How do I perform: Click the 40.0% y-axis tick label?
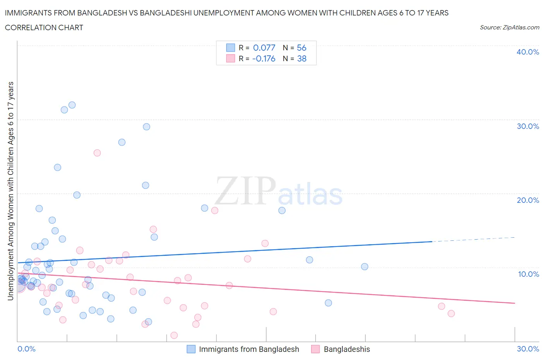coord(528,52)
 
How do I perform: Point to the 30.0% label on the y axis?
coord(528,126)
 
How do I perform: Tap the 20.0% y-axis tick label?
coord(528,200)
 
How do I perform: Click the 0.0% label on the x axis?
coord(26,349)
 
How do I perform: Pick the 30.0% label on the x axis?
coord(528,349)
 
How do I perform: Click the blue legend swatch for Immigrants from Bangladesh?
coord(191,349)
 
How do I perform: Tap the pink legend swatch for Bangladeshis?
coord(316,349)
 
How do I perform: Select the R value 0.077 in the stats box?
coord(264,48)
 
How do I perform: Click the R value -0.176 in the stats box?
coord(263,58)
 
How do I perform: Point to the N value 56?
coord(301,48)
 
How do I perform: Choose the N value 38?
coord(301,58)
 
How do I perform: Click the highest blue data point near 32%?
coord(72,105)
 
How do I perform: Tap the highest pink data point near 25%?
coord(97,153)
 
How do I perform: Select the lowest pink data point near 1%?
coord(174,335)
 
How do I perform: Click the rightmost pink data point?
coord(451,314)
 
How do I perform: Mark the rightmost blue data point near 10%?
coord(364,267)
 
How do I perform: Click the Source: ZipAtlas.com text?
coord(509,27)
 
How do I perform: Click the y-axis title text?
coord(10,191)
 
